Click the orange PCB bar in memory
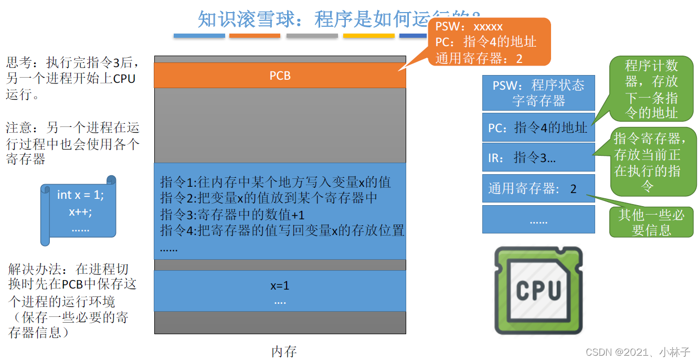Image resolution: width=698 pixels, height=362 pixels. tap(280, 76)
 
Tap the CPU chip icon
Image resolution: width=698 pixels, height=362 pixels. tap(538, 290)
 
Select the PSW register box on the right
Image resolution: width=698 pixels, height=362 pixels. tap(538, 93)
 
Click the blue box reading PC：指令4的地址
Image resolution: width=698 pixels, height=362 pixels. tap(538, 127)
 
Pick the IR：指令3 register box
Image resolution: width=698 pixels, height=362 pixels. tap(538, 157)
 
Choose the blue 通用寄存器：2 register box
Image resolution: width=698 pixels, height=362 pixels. tap(538, 188)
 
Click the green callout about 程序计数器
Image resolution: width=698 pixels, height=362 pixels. tap(651, 89)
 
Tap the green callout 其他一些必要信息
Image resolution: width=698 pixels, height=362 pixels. tap(651, 222)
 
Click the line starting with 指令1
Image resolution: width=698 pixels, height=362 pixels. tap(275, 183)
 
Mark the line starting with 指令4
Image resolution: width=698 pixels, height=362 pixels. tap(282, 230)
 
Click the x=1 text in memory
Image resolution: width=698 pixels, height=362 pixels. tap(280, 286)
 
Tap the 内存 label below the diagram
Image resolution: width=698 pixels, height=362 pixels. tap(284, 352)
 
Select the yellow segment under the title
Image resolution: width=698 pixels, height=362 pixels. tap(368, 36)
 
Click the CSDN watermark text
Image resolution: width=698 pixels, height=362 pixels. tap(638, 352)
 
